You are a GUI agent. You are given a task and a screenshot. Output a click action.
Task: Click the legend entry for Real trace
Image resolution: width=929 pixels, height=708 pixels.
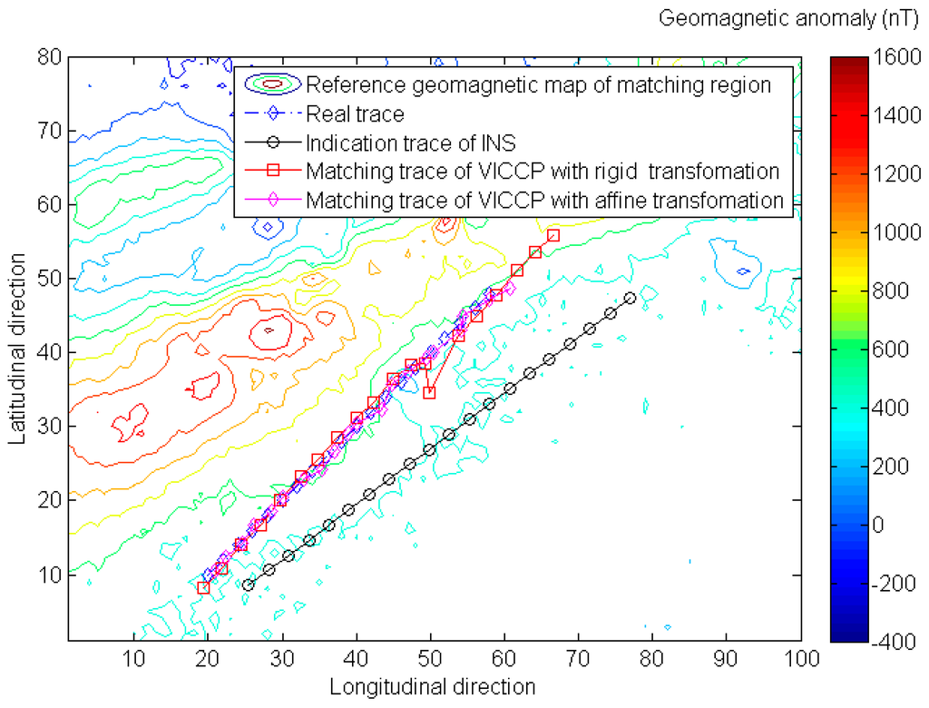pos(355,114)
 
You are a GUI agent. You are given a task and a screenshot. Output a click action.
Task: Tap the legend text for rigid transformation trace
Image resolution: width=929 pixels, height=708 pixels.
pos(543,171)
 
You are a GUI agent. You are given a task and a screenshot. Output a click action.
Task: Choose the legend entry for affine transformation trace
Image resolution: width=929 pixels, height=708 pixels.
pos(544,199)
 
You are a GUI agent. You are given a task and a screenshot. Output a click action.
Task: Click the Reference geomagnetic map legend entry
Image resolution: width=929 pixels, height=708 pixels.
pos(538,85)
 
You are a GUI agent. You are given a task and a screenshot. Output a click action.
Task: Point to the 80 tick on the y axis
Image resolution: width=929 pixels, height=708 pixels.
pos(51,56)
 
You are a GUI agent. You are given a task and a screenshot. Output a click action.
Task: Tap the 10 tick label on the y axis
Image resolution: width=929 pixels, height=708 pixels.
pos(51,574)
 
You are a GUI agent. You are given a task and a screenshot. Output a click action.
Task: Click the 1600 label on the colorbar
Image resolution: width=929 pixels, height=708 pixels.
pos(891,56)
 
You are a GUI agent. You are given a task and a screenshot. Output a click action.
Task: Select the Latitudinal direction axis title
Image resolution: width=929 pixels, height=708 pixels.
pos(18,349)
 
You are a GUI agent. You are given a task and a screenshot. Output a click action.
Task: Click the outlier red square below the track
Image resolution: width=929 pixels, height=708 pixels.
pos(429,392)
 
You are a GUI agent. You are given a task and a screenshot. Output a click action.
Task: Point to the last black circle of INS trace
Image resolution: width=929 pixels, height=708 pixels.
pos(631,298)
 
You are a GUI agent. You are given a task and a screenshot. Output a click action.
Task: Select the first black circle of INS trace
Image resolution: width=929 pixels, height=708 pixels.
pos(248,585)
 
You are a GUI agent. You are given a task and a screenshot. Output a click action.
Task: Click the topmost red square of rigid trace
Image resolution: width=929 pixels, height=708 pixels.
pos(553,235)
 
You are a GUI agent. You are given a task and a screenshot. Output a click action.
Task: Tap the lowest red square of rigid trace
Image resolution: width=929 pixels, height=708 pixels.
pos(203,588)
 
